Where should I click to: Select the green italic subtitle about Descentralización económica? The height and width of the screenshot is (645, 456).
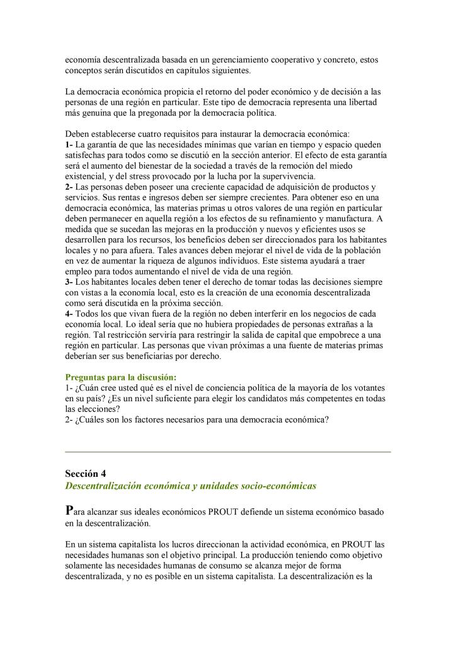pyautogui.click(x=191, y=486)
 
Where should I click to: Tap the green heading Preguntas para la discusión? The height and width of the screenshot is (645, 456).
pyautogui.click(x=121, y=377)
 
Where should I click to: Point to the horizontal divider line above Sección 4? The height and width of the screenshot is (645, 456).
pyautogui.click(x=228, y=452)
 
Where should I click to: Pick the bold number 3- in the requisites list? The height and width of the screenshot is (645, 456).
pyautogui.click(x=69, y=281)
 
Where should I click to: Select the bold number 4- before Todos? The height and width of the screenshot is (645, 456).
pyautogui.click(x=69, y=313)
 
